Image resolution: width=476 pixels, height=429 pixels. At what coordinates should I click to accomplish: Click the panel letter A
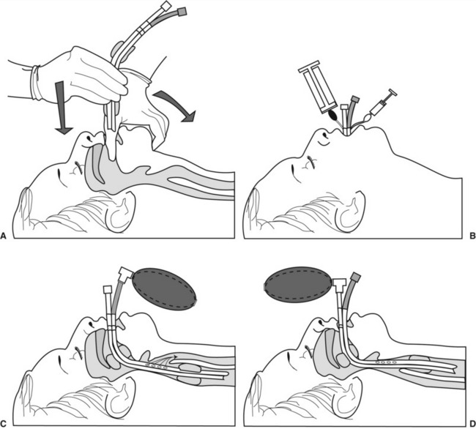pos(4,236)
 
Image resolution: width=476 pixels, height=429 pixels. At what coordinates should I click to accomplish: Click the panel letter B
pos(472,236)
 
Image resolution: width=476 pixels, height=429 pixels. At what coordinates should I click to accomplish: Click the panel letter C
pos(4,422)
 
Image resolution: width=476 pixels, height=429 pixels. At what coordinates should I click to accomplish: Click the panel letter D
pos(472,422)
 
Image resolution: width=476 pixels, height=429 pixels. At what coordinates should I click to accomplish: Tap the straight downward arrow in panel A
pos(63,108)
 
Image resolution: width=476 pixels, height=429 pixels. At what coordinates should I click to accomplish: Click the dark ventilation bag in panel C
pos(164,289)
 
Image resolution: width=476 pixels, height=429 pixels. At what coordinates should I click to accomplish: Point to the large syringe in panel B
pos(318,87)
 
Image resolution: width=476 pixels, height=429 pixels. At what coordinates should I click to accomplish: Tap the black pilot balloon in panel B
pos(332,115)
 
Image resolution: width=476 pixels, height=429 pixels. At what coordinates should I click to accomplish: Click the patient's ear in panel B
pos(351,212)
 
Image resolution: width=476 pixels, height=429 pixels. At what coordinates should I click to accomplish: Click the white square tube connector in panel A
pos(167,5)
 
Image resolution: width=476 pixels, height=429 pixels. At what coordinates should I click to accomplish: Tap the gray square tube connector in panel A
pos(182,12)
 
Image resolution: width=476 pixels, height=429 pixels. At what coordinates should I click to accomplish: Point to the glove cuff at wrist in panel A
pos(36,83)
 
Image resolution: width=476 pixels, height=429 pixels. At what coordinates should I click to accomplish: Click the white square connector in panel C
pos(108,289)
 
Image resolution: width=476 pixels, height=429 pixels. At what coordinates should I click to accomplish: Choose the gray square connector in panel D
pos(355,277)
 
